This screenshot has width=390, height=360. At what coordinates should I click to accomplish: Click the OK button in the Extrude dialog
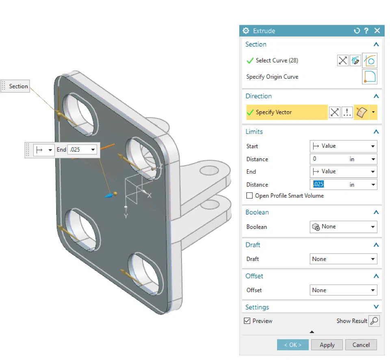[292, 345]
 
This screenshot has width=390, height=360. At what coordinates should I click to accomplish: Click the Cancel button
[361, 345]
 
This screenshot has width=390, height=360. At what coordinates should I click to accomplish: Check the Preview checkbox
[247, 321]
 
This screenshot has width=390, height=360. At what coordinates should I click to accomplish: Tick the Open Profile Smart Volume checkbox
[249, 196]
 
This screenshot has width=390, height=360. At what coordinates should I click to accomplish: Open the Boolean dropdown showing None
[343, 226]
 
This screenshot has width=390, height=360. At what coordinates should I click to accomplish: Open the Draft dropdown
[343, 259]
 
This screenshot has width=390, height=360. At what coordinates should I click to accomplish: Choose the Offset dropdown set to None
[343, 290]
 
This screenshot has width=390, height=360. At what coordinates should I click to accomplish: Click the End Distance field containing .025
[329, 184]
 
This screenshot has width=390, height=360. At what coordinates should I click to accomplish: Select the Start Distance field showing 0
[329, 159]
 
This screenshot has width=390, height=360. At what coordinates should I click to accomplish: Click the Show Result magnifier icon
[374, 321]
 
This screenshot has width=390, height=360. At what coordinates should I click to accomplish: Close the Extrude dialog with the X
[377, 31]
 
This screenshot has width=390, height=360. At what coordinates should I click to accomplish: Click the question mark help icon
[366, 31]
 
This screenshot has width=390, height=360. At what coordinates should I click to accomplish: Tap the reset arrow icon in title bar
[357, 31]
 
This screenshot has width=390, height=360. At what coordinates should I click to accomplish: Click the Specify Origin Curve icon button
[369, 77]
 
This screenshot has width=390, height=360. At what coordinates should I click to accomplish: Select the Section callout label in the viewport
[18, 86]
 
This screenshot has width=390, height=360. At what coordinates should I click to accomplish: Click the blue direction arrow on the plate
[109, 195]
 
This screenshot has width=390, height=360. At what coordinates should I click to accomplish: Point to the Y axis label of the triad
[126, 216]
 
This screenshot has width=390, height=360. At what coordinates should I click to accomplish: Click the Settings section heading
[257, 307]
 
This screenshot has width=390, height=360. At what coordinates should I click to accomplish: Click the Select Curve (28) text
[277, 60]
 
